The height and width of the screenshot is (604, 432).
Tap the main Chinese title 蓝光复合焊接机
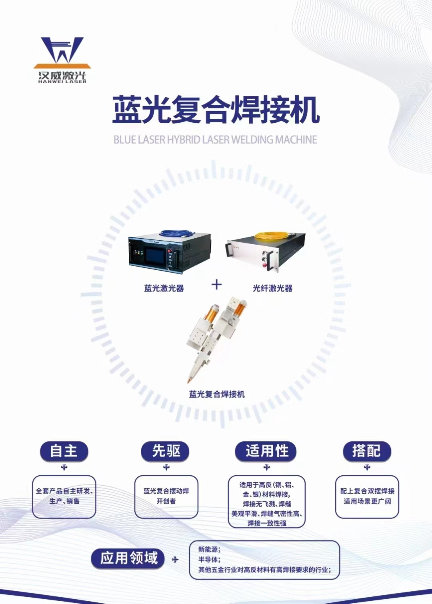coord(216,111)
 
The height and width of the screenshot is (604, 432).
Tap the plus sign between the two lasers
coord(216,285)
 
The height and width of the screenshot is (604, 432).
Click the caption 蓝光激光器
coord(164,288)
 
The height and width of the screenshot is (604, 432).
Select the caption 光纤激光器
coord(272,288)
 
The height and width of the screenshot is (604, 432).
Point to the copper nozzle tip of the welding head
coord(189,381)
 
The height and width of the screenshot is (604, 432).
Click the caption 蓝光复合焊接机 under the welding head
coord(217,395)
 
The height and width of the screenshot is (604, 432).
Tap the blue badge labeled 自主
coord(64,451)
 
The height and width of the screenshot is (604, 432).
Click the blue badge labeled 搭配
coord(366,451)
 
